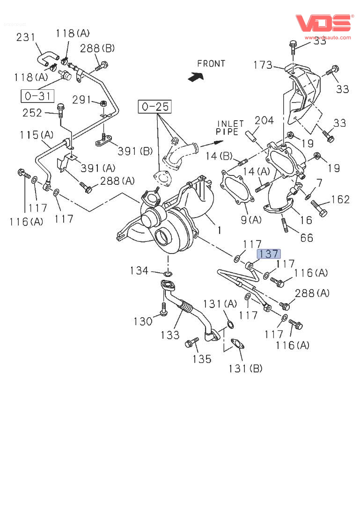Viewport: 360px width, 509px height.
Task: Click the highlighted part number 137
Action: (x=269, y=254)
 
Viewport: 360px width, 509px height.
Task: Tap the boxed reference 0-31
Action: (x=37, y=96)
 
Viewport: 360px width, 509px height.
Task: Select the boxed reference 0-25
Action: (x=154, y=107)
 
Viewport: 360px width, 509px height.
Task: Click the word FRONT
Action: (x=211, y=64)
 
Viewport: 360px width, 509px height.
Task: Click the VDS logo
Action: (x=323, y=23)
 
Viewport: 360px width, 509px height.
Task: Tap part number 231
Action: (x=26, y=37)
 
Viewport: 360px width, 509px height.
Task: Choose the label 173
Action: (x=263, y=65)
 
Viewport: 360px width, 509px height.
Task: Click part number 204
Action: (x=264, y=121)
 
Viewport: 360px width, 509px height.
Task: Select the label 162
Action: (x=340, y=200)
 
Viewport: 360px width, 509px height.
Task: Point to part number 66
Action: (x=306, y=238)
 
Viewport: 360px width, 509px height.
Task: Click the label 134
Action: (x=139, y=270)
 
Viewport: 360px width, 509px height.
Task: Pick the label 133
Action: (x=169, y=334)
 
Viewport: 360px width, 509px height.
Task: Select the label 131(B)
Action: (x=245, y=369)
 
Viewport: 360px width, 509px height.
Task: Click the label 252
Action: (x=32, y=113)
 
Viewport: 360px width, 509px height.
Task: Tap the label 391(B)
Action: (x=135, y=151)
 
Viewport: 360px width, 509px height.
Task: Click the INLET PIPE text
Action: (x=230, y=128)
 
